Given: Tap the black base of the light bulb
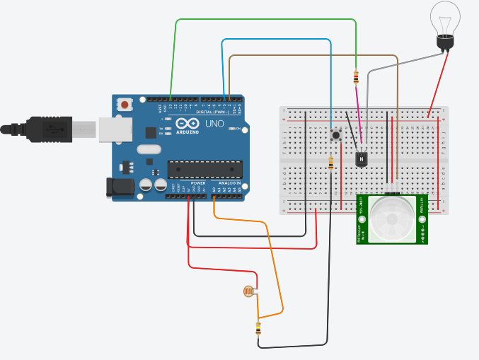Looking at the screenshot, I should click(x=444, y=43).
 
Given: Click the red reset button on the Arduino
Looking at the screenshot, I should click(x=125, y=105).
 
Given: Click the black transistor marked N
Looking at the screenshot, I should click(x=362, y=158).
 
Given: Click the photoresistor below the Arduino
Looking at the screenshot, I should click(x=248, y=291).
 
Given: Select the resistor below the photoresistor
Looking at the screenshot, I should click(x=258, y=329).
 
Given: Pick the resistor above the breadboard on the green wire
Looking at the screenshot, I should click(x=355, y=76).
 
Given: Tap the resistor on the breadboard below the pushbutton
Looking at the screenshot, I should click(x=331, y=163).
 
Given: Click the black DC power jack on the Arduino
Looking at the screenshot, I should click(x=118, y=186).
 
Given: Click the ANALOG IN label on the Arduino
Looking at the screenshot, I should click(x=228, y=183).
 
